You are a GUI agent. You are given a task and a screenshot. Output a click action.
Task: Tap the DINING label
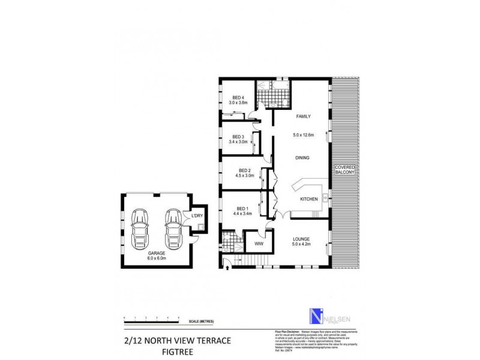click(302, 158)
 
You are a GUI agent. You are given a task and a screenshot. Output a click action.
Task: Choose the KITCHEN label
click(308, 199)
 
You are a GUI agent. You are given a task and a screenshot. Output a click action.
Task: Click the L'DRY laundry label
click(196, 217)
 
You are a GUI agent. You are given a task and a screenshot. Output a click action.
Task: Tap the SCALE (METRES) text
click(203, 321)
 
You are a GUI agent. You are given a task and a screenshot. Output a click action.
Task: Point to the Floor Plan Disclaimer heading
click(286, 331)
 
